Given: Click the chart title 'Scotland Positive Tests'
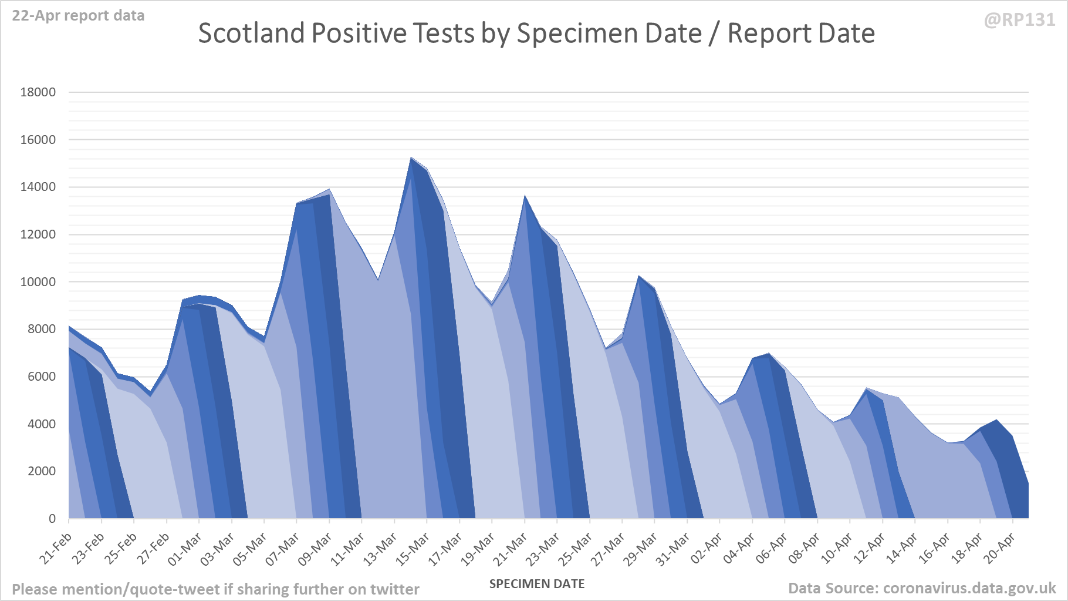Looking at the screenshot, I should pos(536,33).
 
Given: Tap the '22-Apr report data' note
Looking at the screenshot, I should pos(78,16).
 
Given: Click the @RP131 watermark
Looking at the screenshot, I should pos(1019,20).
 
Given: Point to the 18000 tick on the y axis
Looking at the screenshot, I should pos(38,92).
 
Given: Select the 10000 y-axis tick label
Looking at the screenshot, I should pos(38,282).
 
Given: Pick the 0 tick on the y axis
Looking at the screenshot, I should pos(52,519).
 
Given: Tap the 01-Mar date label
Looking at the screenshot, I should pos(185,549).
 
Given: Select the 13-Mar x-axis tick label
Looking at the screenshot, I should pos(381,549).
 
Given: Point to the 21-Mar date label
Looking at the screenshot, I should pos(511,549).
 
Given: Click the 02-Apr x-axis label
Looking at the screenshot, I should pos(707,549).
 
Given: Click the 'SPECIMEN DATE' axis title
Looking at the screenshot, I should pos(537,584).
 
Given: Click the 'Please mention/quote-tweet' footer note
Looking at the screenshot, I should pos(215,589).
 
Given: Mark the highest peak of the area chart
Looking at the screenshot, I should pos(411,158).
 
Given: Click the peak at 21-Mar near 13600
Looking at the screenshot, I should pos(525,196).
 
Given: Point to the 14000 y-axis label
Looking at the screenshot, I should pos(38,187).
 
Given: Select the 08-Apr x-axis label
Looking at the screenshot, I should pos(804,549).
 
